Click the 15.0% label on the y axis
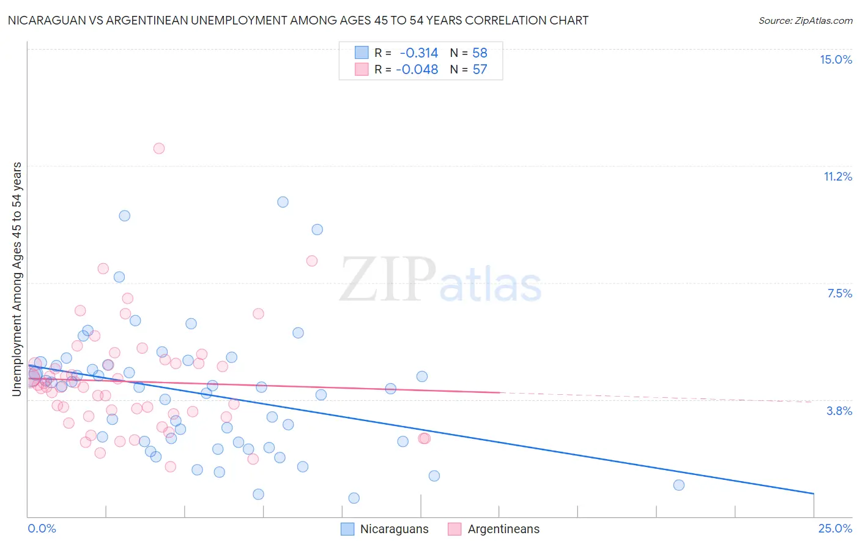tap(836, 59)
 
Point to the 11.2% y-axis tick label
tap(837, 176)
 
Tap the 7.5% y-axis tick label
tap(839, 293)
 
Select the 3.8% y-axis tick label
tap(839, 411)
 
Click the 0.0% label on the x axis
tap(42, 528)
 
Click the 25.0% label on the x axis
tap(835, 528)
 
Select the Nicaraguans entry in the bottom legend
tap(394, 529)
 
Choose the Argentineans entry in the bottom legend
tap(503, 529)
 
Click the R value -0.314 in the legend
tap(418, 53)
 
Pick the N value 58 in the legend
tap(480, 53)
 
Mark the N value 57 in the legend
tap(480, 70)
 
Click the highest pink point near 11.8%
tap(159, 148)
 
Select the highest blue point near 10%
tap(283, 202)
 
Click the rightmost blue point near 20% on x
tap(678, 485)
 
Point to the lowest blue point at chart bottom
tap(354, 498)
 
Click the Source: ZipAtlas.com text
tap(805, 21)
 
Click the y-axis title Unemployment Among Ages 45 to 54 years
tap(17, 279)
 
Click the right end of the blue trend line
tap(813, 493)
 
